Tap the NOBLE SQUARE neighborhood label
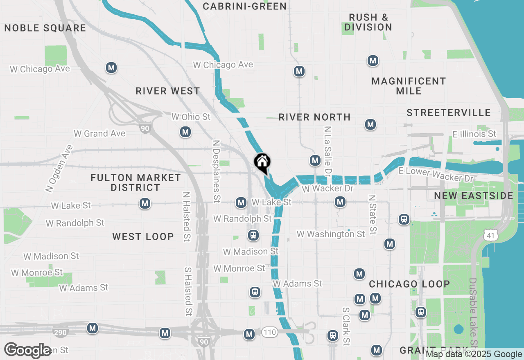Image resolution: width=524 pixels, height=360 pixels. click(x=45, y=28)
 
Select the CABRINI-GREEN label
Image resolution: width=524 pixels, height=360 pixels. click(x=245, y=6)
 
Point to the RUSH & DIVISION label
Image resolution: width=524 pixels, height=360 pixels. click(x=368, y=22)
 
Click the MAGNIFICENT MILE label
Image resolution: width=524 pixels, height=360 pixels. click(x=409, y=86)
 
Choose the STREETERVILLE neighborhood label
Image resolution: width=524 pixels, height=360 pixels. click(x=449, y=112)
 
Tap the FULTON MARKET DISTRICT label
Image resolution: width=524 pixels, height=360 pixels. click(x=136, y=182)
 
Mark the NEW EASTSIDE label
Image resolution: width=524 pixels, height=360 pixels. click(x=474, y=196)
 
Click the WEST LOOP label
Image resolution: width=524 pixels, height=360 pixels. click(x=143, y=236)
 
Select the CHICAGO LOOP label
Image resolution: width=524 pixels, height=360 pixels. click(x=409, y=284)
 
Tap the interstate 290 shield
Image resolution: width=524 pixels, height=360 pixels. click(x=60, y=332)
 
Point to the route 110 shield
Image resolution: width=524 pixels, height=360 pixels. click(x=270, y=332)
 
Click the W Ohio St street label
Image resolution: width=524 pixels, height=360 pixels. click(x=191, y=117)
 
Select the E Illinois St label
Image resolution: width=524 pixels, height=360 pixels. click(x=474, y=134)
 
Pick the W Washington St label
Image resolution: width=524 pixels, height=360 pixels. click(x=331, y=234)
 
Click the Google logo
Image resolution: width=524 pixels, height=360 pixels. click(x=28, y=350)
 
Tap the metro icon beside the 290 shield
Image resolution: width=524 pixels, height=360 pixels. click(x=93, y=328)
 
